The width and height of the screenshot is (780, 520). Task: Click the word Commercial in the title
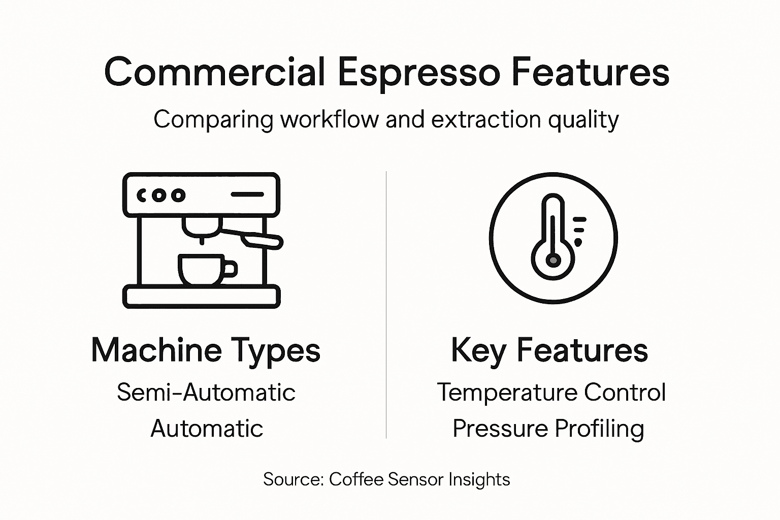tap(214, 72)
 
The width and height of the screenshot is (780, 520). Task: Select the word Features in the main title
tap(590, 72)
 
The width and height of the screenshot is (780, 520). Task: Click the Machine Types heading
tap(206, 350)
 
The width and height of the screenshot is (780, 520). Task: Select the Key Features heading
tap(549, 350)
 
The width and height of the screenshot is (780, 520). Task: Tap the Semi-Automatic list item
tap(206, 392)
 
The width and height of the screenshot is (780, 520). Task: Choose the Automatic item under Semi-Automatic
tap(207, 428)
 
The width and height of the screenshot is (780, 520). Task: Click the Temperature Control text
tap(551, 392)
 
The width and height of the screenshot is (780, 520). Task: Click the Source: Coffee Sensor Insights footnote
tap(386, 479)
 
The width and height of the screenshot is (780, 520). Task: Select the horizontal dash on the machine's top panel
tap(247, 194)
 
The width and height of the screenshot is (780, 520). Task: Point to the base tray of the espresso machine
tap(201, 297)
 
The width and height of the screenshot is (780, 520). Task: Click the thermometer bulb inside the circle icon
tap(553, 261)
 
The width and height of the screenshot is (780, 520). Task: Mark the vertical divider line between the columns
tap(386, 305)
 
